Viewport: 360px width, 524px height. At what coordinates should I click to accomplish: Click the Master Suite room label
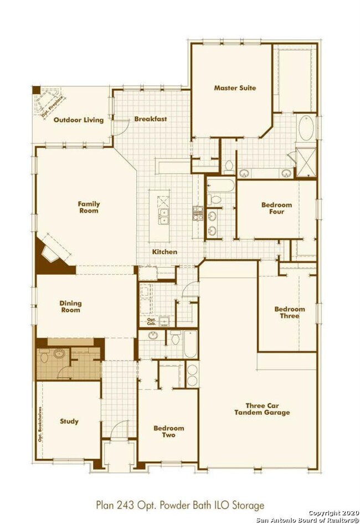click(x=235, y=88)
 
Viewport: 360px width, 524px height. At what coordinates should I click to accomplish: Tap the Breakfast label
click(x=151, y=119)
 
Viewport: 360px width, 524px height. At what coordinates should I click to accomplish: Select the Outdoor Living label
click(x=79, y=120)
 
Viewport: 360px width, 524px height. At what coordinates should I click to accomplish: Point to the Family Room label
click(x=89, y=207)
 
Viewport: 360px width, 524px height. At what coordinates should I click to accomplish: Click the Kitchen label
click(x=164, y=252)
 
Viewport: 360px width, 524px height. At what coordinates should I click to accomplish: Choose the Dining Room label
click(x=70, y=306)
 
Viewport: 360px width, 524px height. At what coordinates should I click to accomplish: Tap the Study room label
click(x=69, y=422)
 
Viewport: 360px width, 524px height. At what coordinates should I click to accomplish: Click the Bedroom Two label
click(x=169, y=431)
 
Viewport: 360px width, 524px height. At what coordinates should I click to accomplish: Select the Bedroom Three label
click(x=290, y=312)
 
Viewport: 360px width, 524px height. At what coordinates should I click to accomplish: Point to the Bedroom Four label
click(x=276, y=208)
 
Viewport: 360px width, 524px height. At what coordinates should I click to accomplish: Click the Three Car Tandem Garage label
click(x=262, y=409)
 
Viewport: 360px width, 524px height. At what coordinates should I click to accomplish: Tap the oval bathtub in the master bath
click(x=306, y=128)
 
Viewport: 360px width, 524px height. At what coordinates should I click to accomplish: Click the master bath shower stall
click(x=306, y=162)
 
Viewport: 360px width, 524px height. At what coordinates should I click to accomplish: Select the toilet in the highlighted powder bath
click(x=44, y=357)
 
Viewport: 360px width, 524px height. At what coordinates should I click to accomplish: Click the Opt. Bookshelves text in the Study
click(x=40, y=424)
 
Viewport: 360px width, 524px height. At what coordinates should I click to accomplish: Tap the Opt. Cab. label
click(x=151, y=322)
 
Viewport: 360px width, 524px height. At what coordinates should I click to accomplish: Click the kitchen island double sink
click(x=163, y=217)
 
